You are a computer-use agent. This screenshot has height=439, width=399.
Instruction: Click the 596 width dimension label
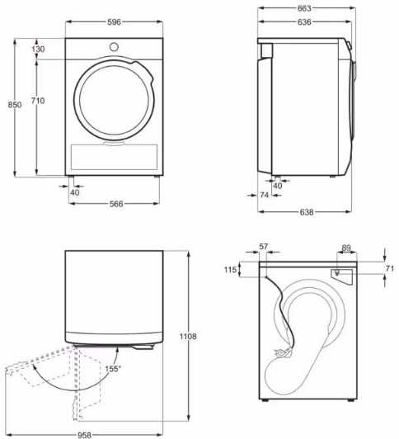tap(114, 21)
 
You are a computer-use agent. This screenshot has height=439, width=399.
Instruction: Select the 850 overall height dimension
tap(15, 105)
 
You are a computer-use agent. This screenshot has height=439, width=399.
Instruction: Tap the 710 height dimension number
tap(38, 101)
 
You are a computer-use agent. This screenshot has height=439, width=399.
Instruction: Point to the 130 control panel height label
tap(38, 50)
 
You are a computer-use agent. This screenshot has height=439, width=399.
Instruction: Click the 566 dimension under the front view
tap(116, 204)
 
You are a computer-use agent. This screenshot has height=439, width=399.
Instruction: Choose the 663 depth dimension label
tap(304, 8)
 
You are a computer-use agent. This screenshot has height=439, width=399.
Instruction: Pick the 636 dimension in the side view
tap(304, 21)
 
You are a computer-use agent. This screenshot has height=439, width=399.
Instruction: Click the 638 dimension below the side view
tap(307, 212)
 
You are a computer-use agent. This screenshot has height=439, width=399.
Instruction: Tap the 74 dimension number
tap(265, 195)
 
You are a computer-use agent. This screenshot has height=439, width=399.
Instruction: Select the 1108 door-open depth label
tap(188, 336)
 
